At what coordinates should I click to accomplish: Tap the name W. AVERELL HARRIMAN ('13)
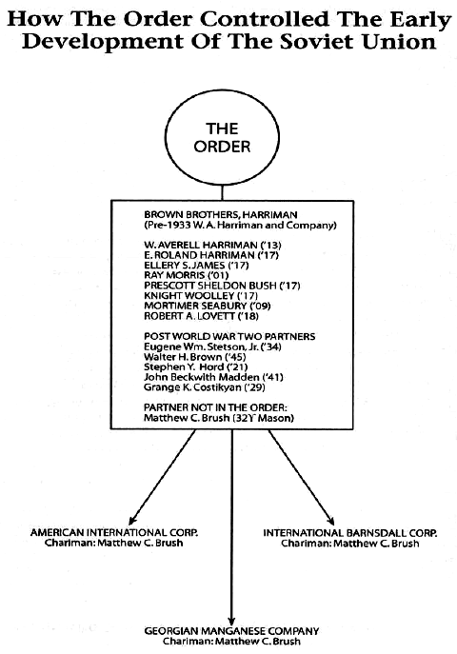[212, 245]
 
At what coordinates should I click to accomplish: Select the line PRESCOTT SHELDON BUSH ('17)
[222, 286]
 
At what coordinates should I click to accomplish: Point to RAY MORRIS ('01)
[187, 275]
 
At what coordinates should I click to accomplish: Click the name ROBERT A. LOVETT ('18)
[202, 316]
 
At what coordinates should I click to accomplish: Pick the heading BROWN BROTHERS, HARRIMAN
[221, 215]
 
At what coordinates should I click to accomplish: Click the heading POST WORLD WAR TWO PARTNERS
[229, 337]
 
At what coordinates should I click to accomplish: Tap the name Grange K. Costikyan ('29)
[205, 387]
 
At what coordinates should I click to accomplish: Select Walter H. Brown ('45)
[195, 357]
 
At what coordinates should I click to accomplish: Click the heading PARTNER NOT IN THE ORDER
[215, 407]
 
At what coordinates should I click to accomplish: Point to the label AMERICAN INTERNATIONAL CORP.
[114, 533]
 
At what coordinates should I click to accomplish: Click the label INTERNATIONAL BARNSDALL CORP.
[350, 533]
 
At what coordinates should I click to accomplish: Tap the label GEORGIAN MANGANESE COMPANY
[232, 631]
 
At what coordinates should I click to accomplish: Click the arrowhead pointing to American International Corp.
[131, 520]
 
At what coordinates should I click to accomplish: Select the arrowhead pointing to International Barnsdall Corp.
[330, 520]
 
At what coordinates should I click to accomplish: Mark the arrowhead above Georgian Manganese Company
[232, 622]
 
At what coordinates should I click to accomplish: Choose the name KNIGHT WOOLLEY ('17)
[201, 296]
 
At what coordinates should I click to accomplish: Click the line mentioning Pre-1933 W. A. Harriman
[240, 226]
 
